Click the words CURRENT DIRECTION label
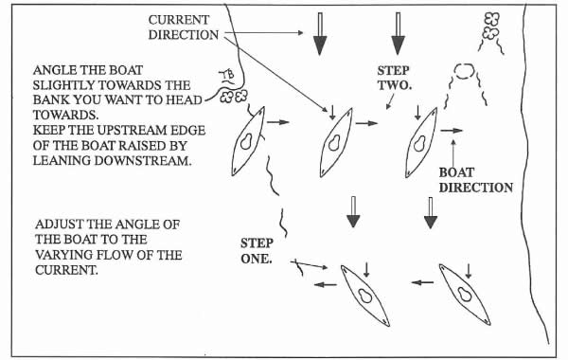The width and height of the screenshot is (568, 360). tap(184, 27)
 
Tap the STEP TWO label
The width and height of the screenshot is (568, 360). tap(395, 78)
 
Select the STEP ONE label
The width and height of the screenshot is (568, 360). tap(257, 251)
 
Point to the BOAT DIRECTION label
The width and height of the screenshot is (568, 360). tap(475, 180)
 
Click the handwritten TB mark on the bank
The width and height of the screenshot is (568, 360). tap(227, 77)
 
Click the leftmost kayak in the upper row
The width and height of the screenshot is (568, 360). tap(248, 141)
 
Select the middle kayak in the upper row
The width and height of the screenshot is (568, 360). tap(336, 142)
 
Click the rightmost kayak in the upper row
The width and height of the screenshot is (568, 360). tap(421, 142)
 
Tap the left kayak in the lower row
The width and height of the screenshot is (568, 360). tap(365, 296)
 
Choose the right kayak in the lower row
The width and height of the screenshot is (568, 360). tap(465, 294)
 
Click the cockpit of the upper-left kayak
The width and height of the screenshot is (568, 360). tap(246, 141)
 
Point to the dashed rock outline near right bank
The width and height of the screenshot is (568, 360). tap(464, 71)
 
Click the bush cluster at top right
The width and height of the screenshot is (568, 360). tap(490, 26)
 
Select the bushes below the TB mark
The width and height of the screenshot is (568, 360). tap(234, 97)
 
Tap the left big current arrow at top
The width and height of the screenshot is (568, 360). tap(320, 34)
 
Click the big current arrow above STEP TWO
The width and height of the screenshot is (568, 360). tap(399, 34)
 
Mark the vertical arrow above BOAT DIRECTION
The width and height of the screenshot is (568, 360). tap(453, 153)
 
